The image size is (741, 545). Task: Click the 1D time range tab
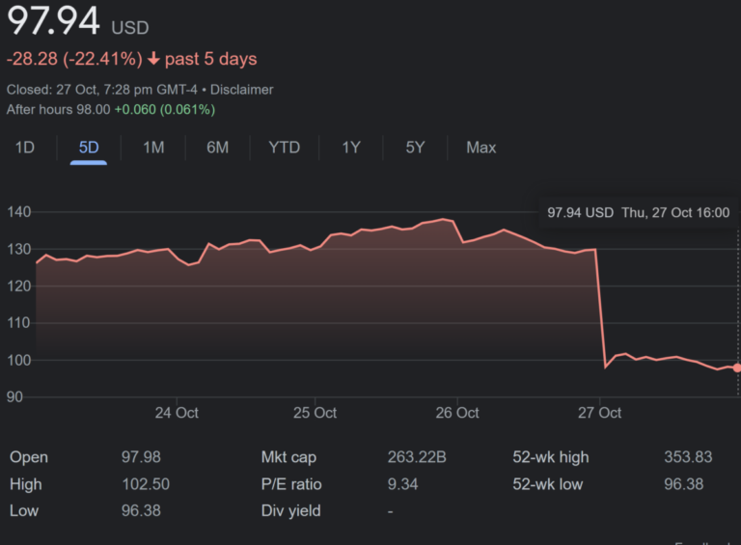pos(24,148)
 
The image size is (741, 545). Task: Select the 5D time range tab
pos(89,148)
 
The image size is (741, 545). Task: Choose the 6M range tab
pos(217,148)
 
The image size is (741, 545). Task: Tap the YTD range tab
pos(284,148)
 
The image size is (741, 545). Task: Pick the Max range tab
pos(480,148)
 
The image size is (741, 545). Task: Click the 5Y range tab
pos(415,148)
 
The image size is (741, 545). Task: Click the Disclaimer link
pos(242,90)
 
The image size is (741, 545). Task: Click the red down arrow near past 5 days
pos(152,59)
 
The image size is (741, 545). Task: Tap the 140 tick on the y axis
pos(19,212)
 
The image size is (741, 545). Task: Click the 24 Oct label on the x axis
pos(177,413)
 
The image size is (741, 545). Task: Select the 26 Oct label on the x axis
pos(457,413)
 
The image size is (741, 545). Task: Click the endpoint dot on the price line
pos(737,368)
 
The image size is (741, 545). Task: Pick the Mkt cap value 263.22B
pos(417,457)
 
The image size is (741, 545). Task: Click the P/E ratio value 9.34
pos(402,484)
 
